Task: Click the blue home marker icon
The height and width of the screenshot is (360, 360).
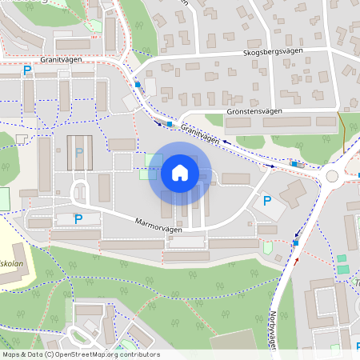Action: [180, 173]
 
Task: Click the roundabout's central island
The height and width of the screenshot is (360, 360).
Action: [331, 175]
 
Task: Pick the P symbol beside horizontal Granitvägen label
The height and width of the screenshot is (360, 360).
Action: [27, 70]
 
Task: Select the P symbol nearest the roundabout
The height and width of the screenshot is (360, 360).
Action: [267, 201]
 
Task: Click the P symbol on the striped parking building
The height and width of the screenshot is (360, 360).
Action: [78, 151]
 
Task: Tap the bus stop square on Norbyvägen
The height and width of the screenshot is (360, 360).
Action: [296, 242]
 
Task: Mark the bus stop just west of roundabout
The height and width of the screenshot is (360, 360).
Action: [295, 164]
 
